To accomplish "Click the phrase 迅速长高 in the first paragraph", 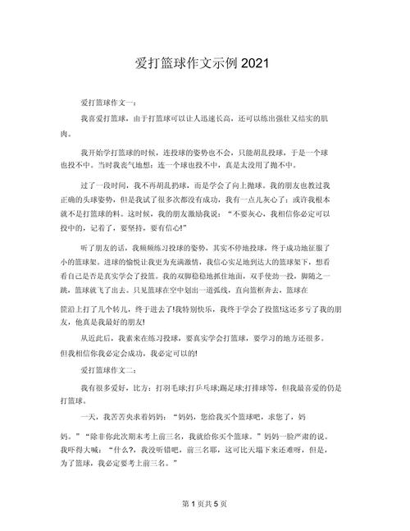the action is [x=230, y=118].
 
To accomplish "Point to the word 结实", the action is [x=324, y=118].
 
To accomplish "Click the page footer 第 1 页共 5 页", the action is [x=204, y=502].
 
